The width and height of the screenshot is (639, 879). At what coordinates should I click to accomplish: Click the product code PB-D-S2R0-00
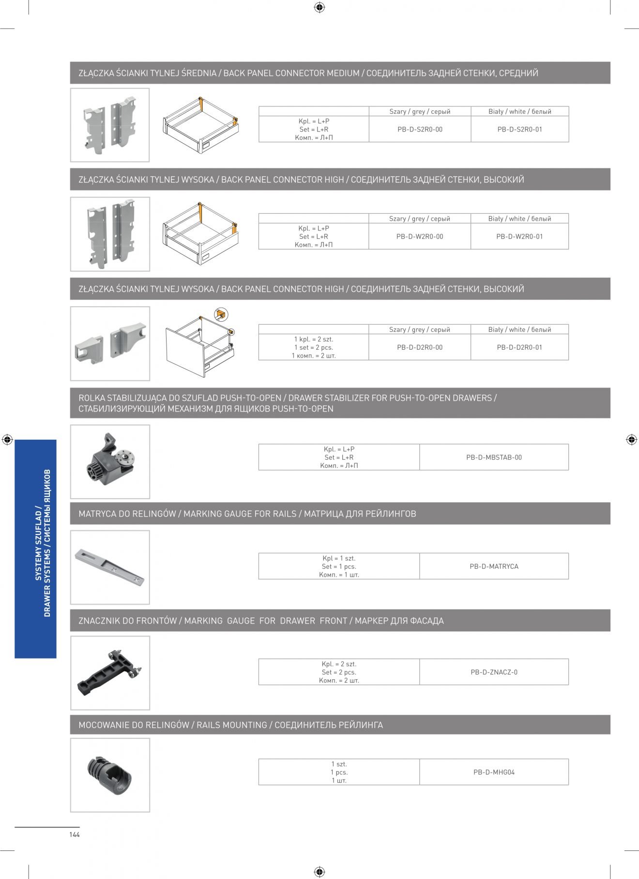coord(420,130)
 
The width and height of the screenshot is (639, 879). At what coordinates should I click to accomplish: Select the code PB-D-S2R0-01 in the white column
coord(519,130)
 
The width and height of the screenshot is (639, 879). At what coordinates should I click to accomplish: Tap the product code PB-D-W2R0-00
coord(420,237)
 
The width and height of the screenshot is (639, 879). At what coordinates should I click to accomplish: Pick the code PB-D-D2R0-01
coord(519,347)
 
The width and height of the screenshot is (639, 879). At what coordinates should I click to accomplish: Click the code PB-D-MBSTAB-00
coord(494,457)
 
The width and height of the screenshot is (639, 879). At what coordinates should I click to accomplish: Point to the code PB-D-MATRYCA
coord(494,566)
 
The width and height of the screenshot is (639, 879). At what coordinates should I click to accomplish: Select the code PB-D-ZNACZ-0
coord(494,672)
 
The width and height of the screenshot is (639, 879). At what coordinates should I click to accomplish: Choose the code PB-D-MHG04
coord(494,772)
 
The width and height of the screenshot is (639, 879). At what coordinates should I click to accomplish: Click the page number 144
coord(74,834)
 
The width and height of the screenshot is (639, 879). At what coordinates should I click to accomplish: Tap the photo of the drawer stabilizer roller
coord(110,462)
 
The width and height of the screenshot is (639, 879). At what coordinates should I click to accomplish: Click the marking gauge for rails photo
coord(110,567)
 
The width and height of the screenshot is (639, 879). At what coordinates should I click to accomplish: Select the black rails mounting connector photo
coord(110,775)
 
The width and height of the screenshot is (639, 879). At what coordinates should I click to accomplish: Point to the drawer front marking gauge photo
coord(110,673)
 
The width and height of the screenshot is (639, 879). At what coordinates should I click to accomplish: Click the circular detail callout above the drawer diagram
coord(221,314)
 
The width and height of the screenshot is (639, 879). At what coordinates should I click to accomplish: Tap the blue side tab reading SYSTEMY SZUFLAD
coord(35,549)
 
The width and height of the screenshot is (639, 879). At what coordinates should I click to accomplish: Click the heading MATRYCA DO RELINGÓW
coord(127,514)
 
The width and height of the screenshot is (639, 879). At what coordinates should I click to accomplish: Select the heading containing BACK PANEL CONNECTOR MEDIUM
coord(308,73)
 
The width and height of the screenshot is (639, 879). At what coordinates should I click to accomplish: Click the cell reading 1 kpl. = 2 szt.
coord(314,340)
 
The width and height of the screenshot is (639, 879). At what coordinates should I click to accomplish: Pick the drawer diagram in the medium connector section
coord(201,125)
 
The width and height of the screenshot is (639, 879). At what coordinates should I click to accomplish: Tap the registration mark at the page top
coord(319,7)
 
